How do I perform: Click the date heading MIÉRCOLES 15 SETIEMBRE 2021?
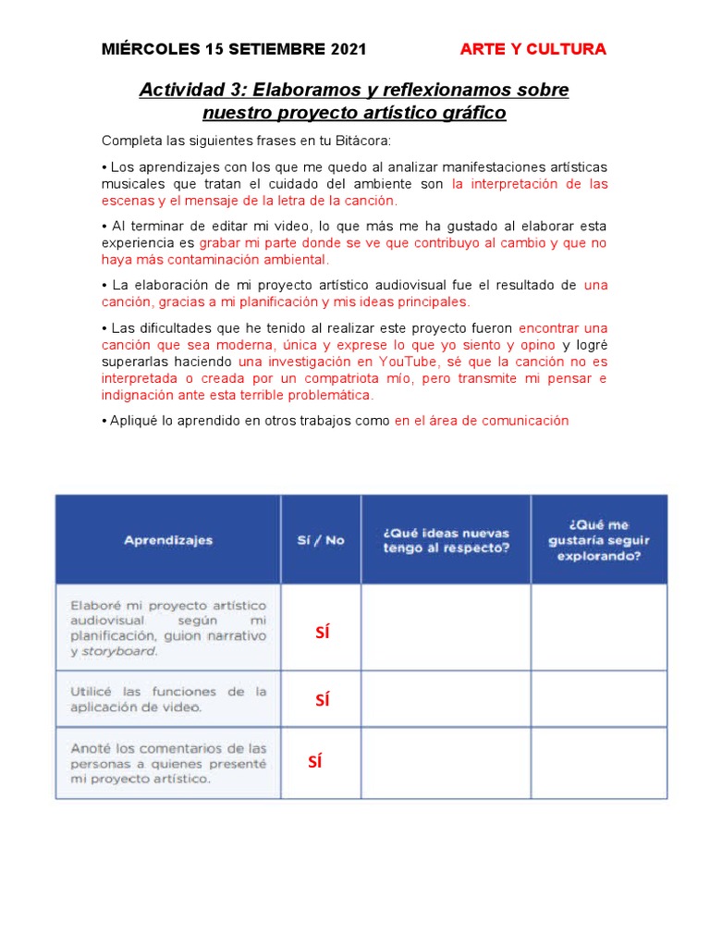pos(234,50)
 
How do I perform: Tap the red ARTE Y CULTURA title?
pos(533,50)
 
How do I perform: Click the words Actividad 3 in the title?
pos(192,91)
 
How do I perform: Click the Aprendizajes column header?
pos(168,540)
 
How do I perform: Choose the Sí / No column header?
pos(321,540)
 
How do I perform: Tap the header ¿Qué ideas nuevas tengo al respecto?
pos(446,540)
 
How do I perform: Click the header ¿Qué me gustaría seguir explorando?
pos(598,541)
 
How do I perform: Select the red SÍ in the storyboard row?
pos(322,633)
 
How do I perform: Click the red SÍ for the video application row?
pos(322,700)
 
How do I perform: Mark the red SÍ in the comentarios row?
pos(314,762)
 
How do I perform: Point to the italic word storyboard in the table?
pos(119,651)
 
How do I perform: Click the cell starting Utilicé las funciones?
pos(168,699)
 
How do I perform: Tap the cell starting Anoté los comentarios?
pos(168,763)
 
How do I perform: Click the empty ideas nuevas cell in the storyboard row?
pos(446,627)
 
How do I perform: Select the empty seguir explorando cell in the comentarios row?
pos(598,763)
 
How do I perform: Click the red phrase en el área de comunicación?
pos(482,420)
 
